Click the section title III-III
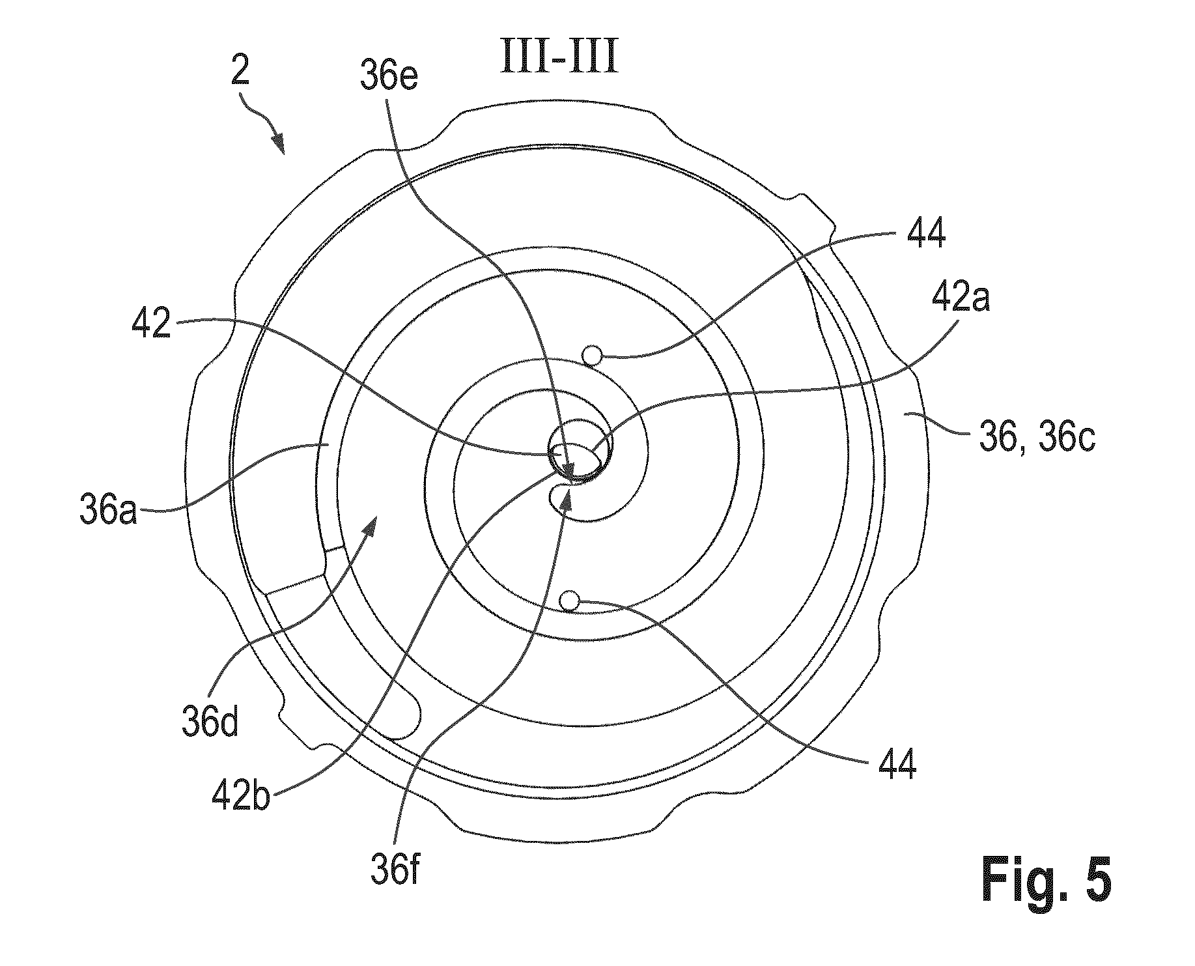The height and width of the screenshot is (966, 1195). coord(558,59)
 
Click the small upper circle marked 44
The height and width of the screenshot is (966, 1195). coord(592,356)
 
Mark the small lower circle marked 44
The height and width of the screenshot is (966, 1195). coord(570,599)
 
